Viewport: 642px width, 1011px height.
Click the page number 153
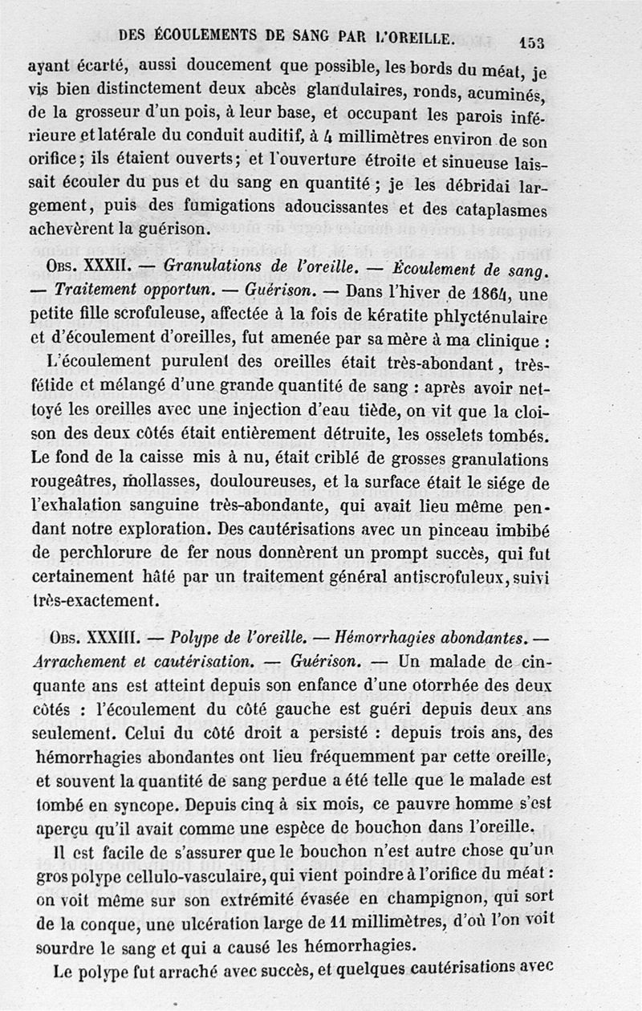coord(531,43)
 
